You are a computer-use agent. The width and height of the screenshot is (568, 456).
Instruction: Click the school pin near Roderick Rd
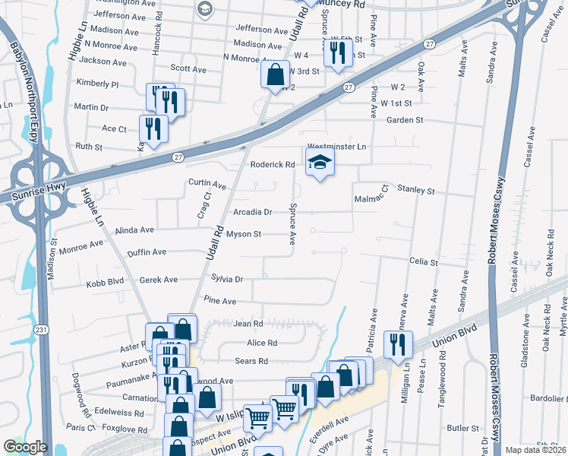click(320, 162)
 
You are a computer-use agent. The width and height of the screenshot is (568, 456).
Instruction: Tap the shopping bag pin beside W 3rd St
click(275, 74)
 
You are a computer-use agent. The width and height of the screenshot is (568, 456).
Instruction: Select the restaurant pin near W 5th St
click(334, 52)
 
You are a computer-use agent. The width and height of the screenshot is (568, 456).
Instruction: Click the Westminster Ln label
click(336, 147)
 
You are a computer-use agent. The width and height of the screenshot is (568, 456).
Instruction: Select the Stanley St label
click(416, 191)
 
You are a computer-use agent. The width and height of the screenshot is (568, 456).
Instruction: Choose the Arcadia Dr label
click(252, 212)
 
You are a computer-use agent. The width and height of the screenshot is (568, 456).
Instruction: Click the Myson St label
click(244, 234)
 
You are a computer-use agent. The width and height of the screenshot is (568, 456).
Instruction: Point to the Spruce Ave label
click(292, 223)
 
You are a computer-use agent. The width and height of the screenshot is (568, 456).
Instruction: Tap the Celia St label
click(424, 261)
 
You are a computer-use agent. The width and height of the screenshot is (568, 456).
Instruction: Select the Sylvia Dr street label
click(226, 279)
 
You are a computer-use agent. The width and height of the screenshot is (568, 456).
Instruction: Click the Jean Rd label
click(248, 324)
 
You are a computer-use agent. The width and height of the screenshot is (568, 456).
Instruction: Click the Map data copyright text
click(535, 450)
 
